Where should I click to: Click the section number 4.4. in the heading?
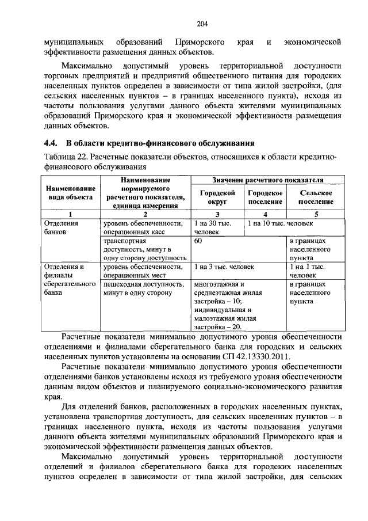click(x=51, y=142)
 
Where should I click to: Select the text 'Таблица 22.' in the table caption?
click(x=64, y=157)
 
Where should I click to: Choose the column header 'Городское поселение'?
click(x=265, y=197)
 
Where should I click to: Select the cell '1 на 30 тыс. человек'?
click(x=213, y=227)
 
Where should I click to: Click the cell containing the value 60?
click(x=198, y=242)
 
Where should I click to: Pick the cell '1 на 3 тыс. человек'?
click(x=224, y=267)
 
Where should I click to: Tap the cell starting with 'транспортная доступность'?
click(x=143, y=250)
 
